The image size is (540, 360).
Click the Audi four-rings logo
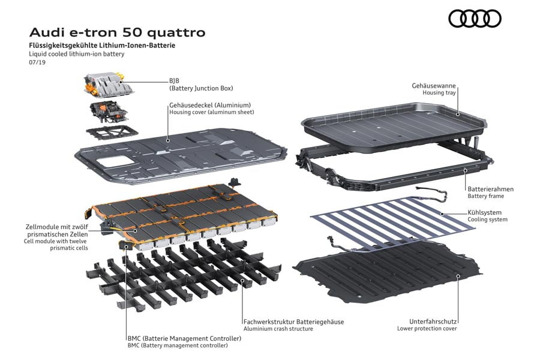click(475, 18)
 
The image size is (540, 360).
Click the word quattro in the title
click(176, 33)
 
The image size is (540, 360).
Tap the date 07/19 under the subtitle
click(37, 62)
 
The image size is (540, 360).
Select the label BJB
click(174, 81)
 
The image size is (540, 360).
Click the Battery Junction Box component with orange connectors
click(108, 85)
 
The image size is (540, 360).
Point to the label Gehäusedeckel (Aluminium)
click(210, 105)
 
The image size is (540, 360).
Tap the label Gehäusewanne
click(434, 86)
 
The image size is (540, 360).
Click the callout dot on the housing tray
click(458, 115)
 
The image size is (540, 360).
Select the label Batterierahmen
click(490, 189)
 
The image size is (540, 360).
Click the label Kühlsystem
click(484, 212)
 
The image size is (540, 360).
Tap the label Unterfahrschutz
click(433, 322)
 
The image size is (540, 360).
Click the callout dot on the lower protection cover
click(458, 276)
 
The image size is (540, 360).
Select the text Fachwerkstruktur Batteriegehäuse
click(294, 322)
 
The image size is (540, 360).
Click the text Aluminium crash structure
click(278, 329)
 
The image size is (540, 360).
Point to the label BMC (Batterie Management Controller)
click(184, 338)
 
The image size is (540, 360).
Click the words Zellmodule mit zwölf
click(57, 227)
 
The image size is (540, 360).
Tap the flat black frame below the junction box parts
click(112, 133)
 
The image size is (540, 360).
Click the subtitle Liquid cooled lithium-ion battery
click(76, 54)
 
